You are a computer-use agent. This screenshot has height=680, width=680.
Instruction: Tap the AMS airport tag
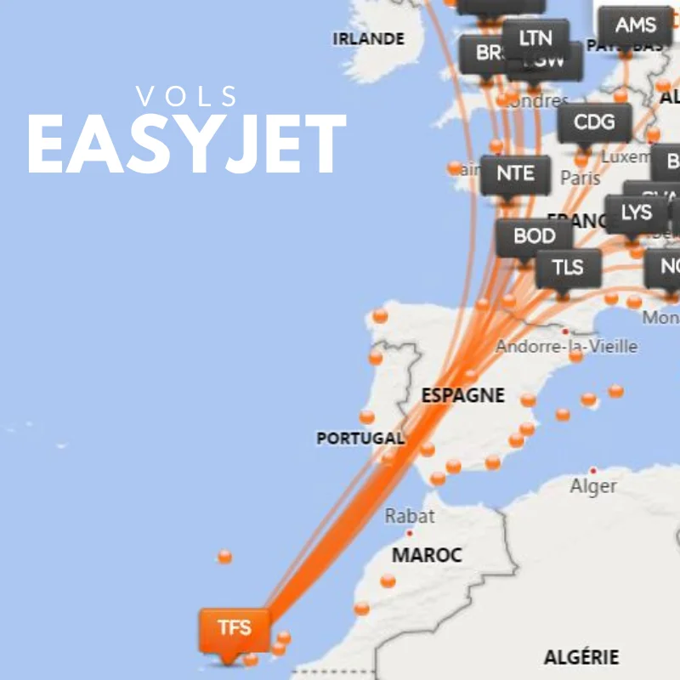click(x=635, y=25)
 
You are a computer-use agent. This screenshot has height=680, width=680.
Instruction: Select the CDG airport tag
click(x=594, y=122)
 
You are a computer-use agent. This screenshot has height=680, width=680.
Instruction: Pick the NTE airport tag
click(x=515, y=174)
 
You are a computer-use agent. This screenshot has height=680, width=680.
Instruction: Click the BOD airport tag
click(x=535, y=236)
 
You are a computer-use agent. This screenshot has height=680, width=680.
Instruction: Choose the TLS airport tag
click(x=568, y=268)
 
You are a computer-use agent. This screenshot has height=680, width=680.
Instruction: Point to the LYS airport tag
click(x=636, y=212)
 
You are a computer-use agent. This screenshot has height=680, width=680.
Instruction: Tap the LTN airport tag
click(x=535, y=37)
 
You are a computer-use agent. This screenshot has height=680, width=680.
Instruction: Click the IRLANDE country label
click(x=368, y=39)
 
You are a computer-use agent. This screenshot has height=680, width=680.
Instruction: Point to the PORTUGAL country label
click(x=360, y=439)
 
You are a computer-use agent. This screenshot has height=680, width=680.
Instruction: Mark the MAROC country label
click(x=427, y=556)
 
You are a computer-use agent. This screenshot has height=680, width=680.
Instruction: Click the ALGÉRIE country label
click(x=581, y=657)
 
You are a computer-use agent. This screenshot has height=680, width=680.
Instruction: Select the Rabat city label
click(x=410, y=516)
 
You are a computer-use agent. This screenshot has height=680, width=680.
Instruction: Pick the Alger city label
click(x=593, y=486)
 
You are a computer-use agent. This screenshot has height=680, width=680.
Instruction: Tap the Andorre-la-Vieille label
click(x=566, y=347)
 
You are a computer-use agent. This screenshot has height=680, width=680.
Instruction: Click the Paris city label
click(x=580, y=178)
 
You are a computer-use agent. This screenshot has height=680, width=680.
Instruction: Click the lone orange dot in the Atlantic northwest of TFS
click(x=224, y=557)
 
